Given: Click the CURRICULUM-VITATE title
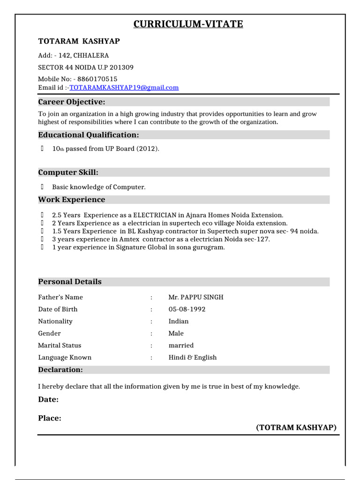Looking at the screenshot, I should point(188,24).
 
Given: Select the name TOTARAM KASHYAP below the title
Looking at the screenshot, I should point(79,41).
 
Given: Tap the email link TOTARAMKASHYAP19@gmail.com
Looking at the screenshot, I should point(124,88).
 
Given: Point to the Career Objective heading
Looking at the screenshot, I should point(71,102).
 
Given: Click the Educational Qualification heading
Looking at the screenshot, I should point(89,135).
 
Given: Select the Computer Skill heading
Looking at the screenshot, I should point(68,172).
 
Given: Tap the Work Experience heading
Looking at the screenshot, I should point(71,200).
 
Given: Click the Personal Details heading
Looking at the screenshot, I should point(69,282).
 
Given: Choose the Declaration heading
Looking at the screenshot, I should point(60,370).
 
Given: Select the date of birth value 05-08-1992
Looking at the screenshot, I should point(187,309).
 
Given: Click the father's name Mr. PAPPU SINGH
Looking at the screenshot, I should point(196,297).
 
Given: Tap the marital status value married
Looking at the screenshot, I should point(181,345).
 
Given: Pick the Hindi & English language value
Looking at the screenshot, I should point(193,357).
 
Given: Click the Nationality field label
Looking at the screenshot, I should point(55,322).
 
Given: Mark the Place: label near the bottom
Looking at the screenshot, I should point(50,418).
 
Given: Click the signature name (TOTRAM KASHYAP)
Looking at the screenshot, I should point(296,427).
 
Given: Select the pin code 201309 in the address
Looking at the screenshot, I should point(121,67).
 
